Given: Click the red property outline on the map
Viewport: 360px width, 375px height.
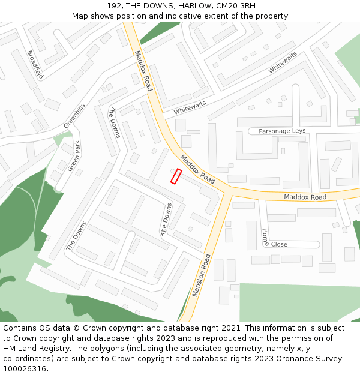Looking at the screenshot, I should [176, 176].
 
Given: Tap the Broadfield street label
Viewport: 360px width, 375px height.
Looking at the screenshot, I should [35, 64].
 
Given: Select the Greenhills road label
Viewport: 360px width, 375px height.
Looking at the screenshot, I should [75, 115].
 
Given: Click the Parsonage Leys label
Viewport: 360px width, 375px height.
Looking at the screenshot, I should [282, 131].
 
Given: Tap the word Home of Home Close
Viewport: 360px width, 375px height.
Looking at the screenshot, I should [265, 237].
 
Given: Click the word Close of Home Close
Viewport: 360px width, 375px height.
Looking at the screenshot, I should [279, 244].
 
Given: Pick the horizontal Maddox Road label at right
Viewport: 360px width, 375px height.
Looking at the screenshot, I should [305, 197].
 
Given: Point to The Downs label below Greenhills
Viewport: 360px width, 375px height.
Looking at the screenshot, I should [114, 121].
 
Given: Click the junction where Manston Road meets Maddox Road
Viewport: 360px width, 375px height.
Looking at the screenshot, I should [229, 192].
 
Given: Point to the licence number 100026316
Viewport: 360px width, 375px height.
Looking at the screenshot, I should [25, 368].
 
